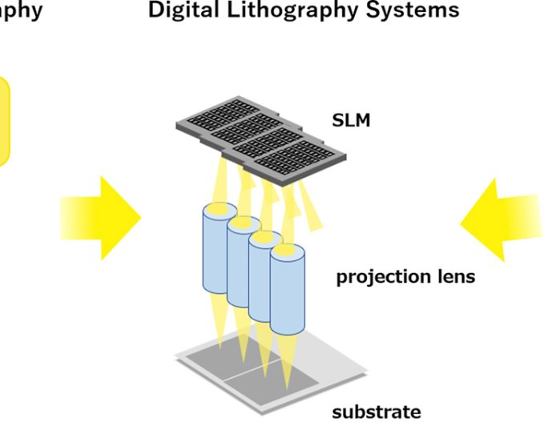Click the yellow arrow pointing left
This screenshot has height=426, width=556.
coord(504,217)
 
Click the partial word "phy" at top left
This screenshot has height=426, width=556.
coord(20,11)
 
